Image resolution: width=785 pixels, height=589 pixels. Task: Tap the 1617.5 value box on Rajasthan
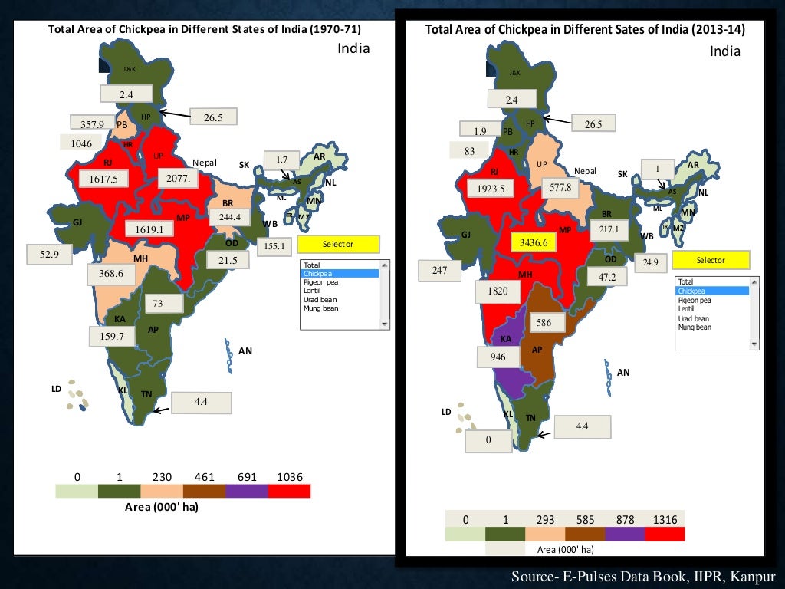click(108, 179)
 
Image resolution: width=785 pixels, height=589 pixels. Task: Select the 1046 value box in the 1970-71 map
click(81, 143)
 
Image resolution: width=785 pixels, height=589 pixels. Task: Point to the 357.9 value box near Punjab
click(92, 123)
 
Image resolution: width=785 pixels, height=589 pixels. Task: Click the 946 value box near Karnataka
click(498, 357)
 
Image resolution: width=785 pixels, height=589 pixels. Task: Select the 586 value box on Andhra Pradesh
click(544, 323)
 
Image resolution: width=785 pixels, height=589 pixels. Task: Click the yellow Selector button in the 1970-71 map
click(338, 244)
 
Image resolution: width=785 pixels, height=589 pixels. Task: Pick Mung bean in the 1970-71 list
click(320, 308)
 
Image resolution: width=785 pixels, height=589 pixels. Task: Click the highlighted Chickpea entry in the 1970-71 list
click(340, 273)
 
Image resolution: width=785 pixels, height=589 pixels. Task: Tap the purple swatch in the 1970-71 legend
click(247, 491)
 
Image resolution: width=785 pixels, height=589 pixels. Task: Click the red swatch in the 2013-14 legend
click(664, 534)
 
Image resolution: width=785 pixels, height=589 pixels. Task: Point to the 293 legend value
click(544, 519)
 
